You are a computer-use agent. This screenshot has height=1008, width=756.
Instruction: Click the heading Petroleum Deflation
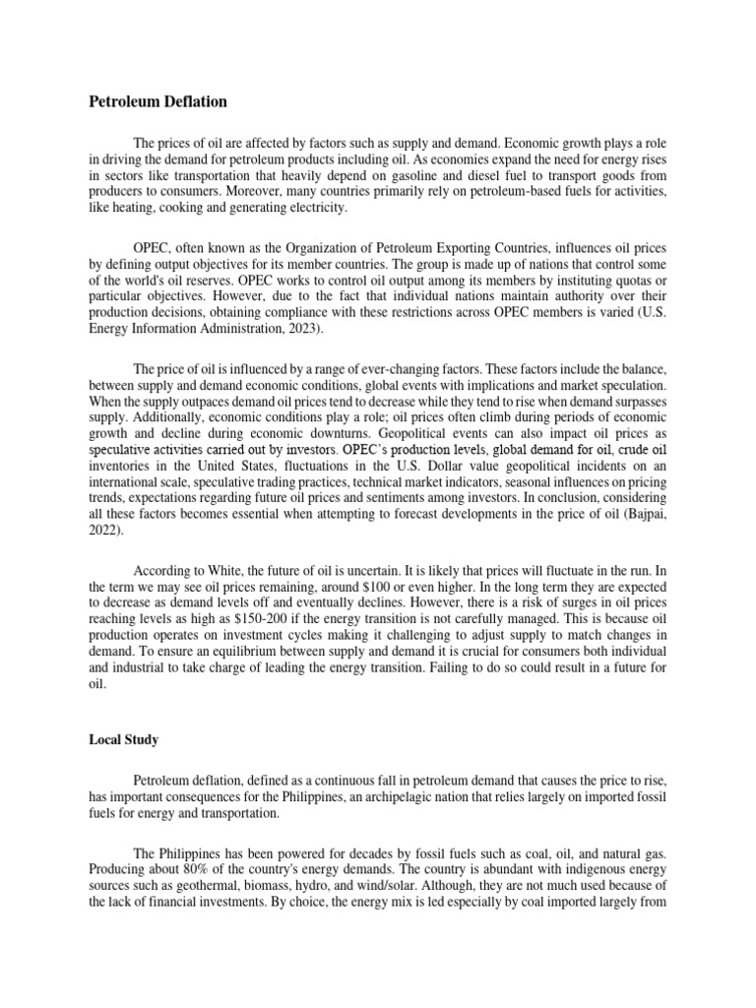pyautogui.click(x=157, y=101)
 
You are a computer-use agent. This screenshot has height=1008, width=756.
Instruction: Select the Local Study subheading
pyautogui.click(x=124, y=738)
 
